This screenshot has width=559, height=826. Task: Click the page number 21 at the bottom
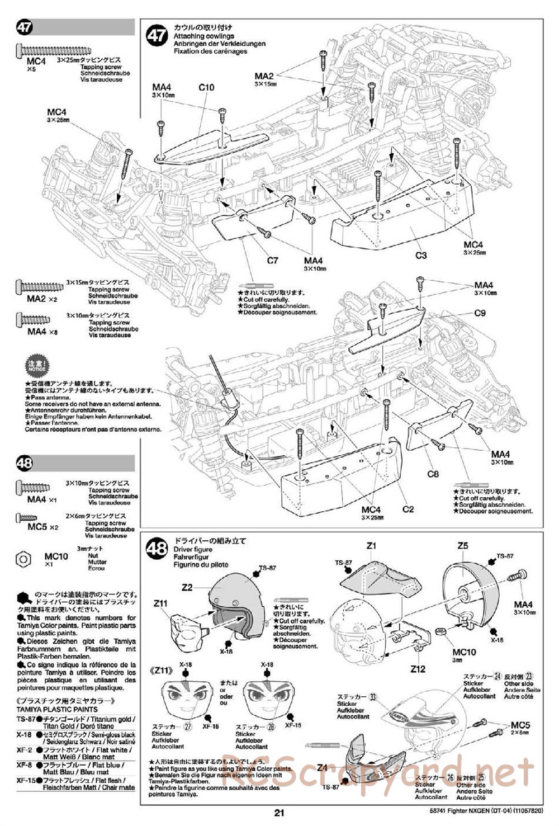pos(279,813)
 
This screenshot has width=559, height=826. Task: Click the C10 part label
pos(206,87)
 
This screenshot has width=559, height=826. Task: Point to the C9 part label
pos(479,313)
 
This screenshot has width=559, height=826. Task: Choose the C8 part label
pos(433,474)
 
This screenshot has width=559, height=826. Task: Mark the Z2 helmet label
pos(187,587)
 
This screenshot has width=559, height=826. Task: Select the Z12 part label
pos(418,668)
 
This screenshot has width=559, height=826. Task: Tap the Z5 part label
pos(462,546)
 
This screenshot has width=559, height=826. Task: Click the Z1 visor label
pos(372,546)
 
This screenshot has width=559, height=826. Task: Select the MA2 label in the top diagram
pos(264,76)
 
